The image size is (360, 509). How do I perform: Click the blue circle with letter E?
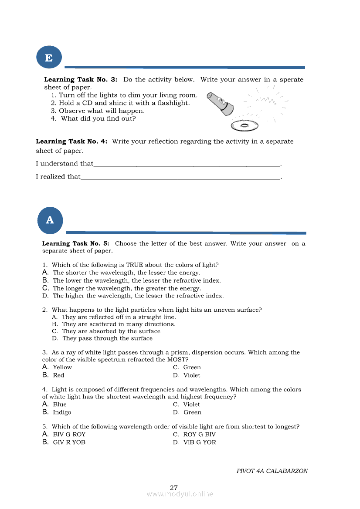click(49, 57)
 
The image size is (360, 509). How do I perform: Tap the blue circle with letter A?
click(50, 220)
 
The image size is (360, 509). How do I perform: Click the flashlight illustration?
click(220, 104)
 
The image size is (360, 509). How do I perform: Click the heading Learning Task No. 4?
click(71, 142)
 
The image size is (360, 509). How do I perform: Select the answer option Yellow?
click(62, 367)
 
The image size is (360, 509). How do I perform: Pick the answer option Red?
click(58, 375)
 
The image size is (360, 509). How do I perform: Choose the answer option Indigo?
click(62, 412)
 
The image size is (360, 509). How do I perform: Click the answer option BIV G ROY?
click(69, 435)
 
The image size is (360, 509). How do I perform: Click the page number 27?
click(173, 488)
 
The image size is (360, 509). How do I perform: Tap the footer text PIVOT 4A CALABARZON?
click(272, 471)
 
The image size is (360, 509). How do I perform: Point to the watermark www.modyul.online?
click(180, 494)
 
